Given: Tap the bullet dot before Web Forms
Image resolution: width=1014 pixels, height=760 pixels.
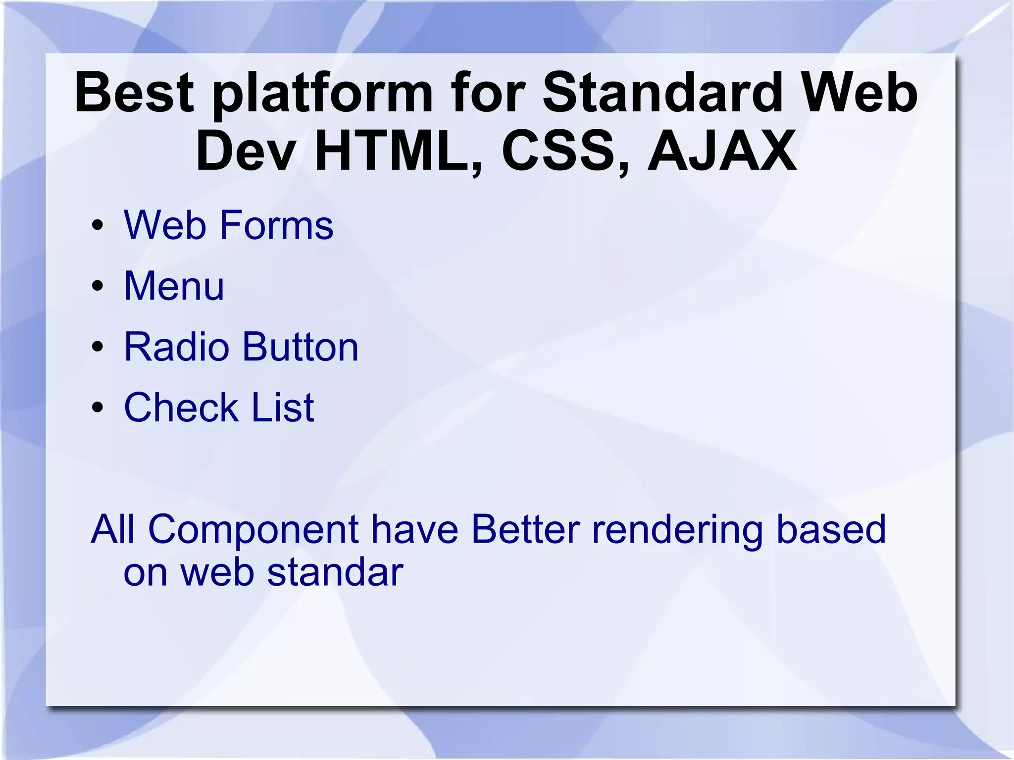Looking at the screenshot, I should (98, 225).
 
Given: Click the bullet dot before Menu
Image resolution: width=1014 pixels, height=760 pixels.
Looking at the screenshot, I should (98, 286).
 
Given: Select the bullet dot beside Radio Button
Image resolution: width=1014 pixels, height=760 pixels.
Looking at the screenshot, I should (98, 347).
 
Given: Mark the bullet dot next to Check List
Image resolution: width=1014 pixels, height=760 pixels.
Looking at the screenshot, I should (98, 407).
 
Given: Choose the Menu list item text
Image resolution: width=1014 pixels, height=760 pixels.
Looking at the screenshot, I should (174, 286).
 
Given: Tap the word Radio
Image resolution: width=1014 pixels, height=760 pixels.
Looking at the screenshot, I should (176, 347).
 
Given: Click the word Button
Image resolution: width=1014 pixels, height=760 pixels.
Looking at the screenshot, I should (300, 347).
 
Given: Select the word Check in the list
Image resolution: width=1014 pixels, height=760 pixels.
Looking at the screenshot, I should (181, 407).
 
